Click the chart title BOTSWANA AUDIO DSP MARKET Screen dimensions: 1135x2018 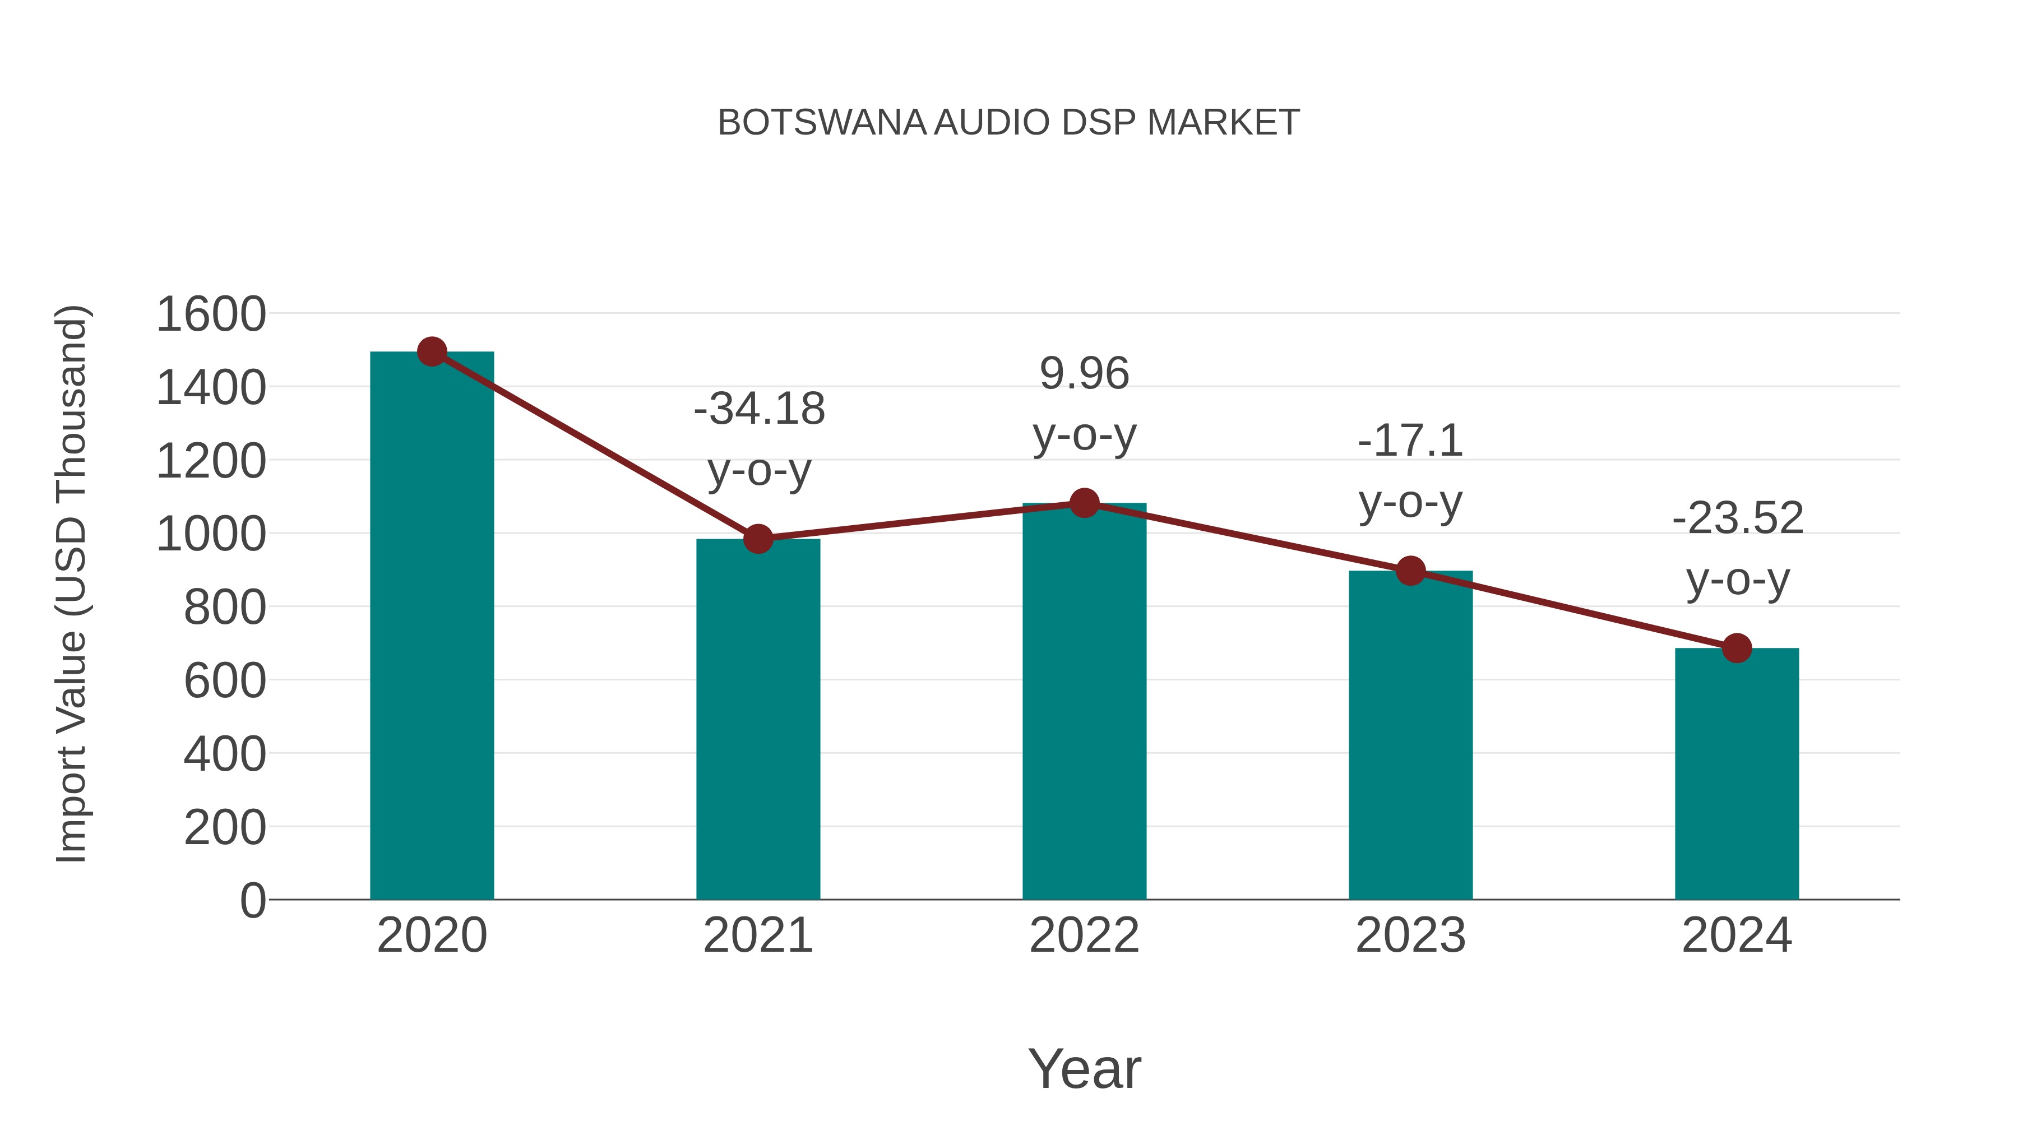tap(1008, 123)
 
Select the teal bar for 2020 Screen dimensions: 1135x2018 tap(432, 627)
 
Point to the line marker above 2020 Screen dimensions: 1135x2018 tap(432, 351)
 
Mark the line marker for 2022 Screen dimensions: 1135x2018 tap(1084, 503)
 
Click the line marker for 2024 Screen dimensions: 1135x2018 tap(1737, 648)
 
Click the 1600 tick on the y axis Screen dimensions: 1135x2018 tap(211, 315)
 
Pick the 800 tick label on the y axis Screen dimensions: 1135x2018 tap(224, 608)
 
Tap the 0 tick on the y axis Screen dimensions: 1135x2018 tap(252, 901)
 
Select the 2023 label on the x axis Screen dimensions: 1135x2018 tap(1410, 935)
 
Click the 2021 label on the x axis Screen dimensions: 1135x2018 tap(757, 935)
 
